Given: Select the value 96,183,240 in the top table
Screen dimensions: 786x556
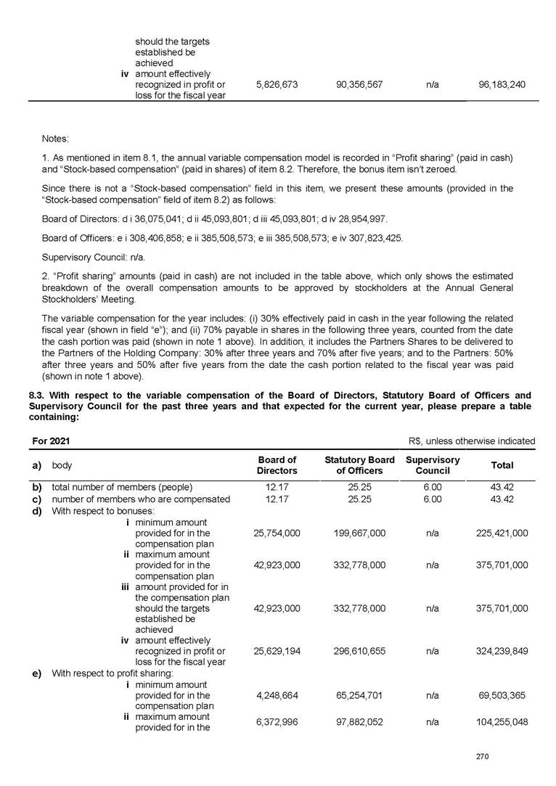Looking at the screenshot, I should (x=502, y=85).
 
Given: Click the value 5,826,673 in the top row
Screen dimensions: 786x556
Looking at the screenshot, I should (x=277, y=85).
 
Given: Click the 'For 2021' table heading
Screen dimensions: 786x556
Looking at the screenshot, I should (x=51, y=441).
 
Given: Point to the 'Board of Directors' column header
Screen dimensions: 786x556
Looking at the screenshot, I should (x=277, y=464).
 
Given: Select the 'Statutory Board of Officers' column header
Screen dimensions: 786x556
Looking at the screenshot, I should (x=359, y=464).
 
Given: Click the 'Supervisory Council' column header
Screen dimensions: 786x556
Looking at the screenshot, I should (x=433, y=464).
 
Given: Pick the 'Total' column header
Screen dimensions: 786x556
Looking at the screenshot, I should (x=502, y=465).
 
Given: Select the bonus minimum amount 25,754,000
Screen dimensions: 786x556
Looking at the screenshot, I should (x=277, y=533).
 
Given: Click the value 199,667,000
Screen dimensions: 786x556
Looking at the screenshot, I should (x=359, y=533).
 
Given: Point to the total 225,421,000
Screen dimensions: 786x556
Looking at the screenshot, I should (x=502, y=533).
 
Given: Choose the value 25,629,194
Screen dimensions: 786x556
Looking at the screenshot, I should (x=277, y=651).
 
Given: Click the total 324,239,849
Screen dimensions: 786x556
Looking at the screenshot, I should (x=502, y=651).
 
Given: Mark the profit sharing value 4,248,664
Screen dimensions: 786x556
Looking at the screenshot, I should (x=277, y=695).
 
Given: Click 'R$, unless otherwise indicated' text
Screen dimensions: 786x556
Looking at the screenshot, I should (x=472, y=441).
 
